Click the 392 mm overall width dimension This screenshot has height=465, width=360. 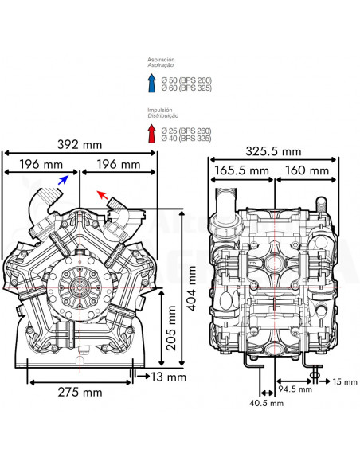click(x=81, y=146)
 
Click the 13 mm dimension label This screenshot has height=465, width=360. click(x=168, y=376)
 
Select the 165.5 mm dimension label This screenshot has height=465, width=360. click(x=241, y=170)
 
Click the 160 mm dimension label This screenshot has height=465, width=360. click(x=307, y=170)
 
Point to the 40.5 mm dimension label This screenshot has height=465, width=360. click(x=267, y=404)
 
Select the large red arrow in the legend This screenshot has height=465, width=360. click(x=151, y=133)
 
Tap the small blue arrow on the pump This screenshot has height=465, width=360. click(x=63, y=182)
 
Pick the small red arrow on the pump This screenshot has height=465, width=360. click(x=100, y=193)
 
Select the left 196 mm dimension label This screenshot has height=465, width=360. click(x=42, y=164)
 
